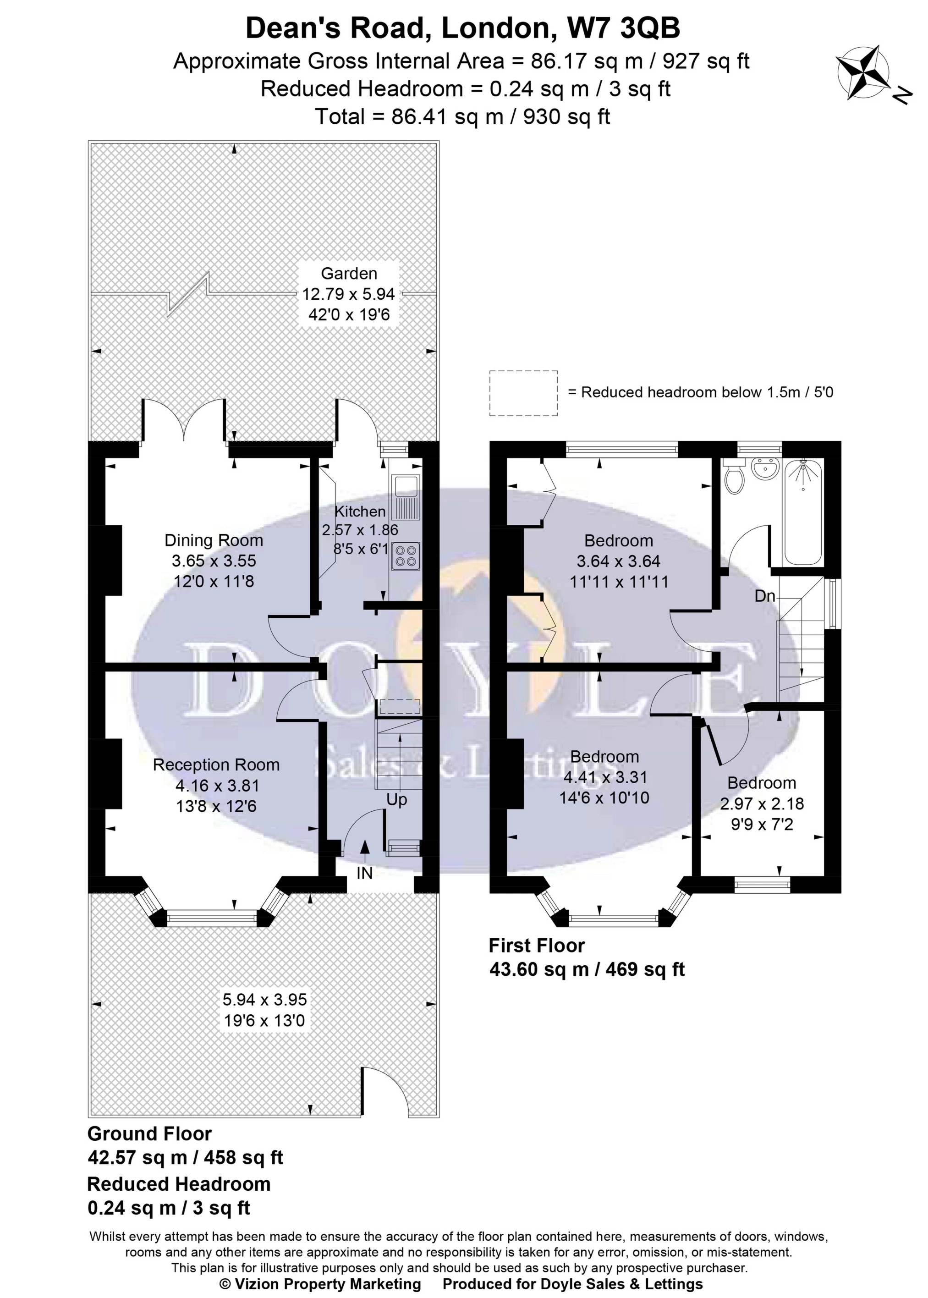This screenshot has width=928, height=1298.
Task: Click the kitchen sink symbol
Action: (x=406, y=495)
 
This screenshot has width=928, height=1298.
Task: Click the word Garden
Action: (x=349, y=273)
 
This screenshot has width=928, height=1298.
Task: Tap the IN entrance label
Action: (x=365, y=873)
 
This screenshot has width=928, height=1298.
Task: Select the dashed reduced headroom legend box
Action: (x=523, y=393)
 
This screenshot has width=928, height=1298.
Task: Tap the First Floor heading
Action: (x=537, y=946)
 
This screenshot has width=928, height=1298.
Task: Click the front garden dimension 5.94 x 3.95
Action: (x=264, y=1000)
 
